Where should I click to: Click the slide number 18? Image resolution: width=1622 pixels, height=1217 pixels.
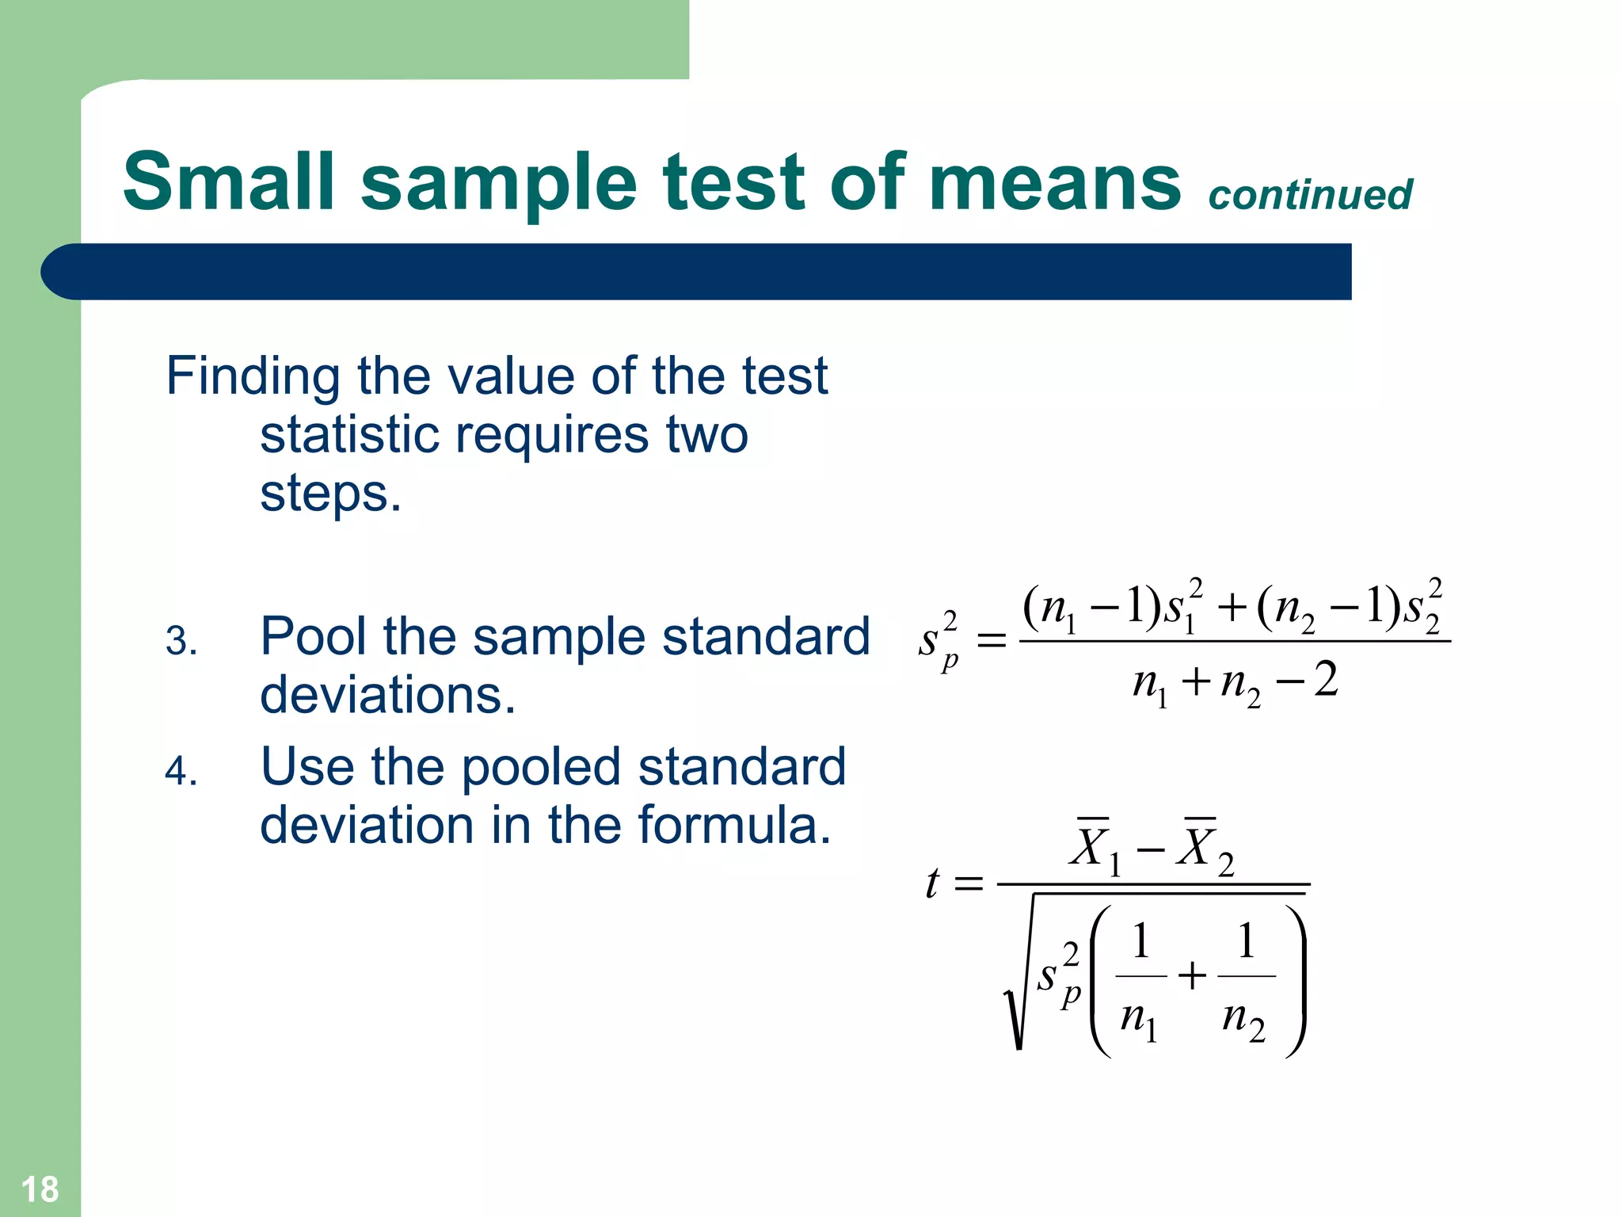[40, 1189]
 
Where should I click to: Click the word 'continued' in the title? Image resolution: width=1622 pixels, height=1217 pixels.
[1310, 195]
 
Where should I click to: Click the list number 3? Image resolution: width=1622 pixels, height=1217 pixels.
[181, 640]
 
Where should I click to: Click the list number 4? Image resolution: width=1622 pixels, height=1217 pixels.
[181, 770]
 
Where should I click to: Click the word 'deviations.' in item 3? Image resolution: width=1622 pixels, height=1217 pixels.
[388, 696]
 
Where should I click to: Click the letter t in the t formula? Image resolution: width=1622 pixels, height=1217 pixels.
[933, 883]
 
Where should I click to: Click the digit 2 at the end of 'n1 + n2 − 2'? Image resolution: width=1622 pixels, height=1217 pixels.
[1326, 680]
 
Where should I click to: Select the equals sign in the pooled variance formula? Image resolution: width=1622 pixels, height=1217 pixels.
[992, 640]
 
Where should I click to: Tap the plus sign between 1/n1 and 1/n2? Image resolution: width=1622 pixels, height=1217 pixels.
[1192, 976]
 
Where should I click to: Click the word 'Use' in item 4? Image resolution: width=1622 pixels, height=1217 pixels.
[307, 767]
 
